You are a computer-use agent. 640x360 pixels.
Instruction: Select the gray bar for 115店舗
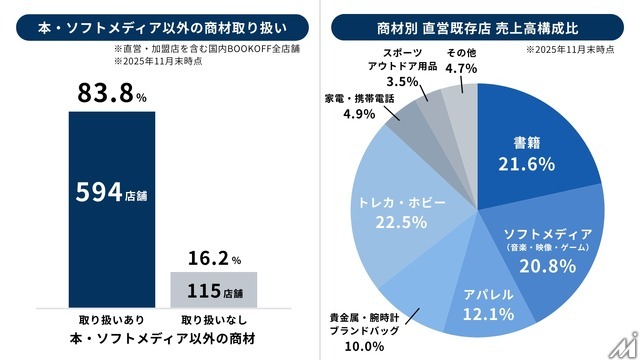click(214, 289)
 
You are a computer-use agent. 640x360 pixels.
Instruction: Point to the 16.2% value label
click(214, 258)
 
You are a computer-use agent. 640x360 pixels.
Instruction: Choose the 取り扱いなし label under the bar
click(214, 319)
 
